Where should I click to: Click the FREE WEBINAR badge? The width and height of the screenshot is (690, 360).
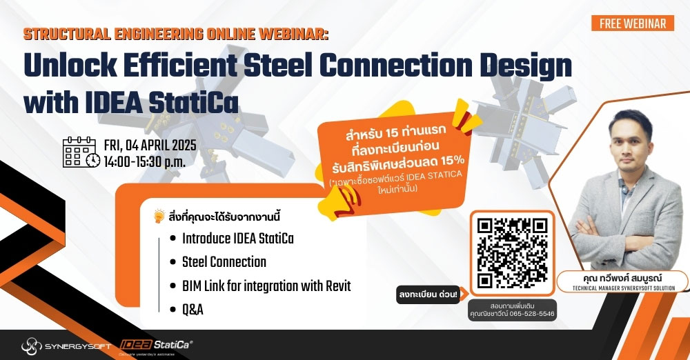[x=633, y=23]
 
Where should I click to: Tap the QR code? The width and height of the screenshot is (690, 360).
[x=512, y=252]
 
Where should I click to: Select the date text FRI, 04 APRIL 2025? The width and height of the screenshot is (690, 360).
[x=150, y=146]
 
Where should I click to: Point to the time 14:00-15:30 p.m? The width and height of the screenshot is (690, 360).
[x=144, y=162]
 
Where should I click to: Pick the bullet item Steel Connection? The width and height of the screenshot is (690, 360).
[x=224, y=262]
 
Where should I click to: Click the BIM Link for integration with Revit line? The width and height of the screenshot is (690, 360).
[x=266, y=286]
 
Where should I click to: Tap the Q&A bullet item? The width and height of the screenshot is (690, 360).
[x=193, y=309]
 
